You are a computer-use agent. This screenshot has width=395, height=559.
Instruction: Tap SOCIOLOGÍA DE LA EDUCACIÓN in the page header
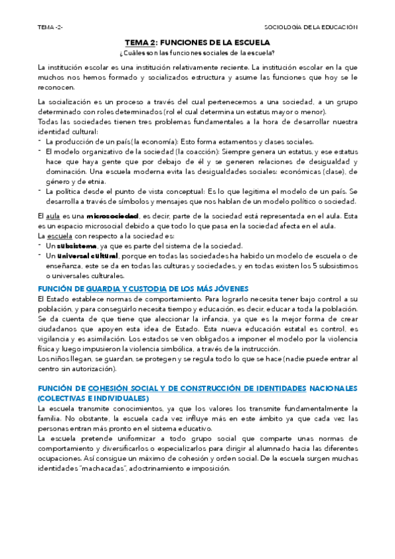pyautogui.click(x=311, y=28)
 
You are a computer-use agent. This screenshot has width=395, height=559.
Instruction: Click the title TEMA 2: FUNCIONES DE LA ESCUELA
pyautogui.click(x=197, y=42)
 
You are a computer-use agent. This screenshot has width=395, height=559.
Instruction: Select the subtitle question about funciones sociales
pyautogui.click(x=197, y=52)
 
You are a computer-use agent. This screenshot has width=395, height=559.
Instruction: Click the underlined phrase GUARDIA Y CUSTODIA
pyautogui.click(x=126, y=288)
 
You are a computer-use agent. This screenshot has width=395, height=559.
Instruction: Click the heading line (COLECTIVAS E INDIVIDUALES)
pyautogui.click(x=93, y=399)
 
